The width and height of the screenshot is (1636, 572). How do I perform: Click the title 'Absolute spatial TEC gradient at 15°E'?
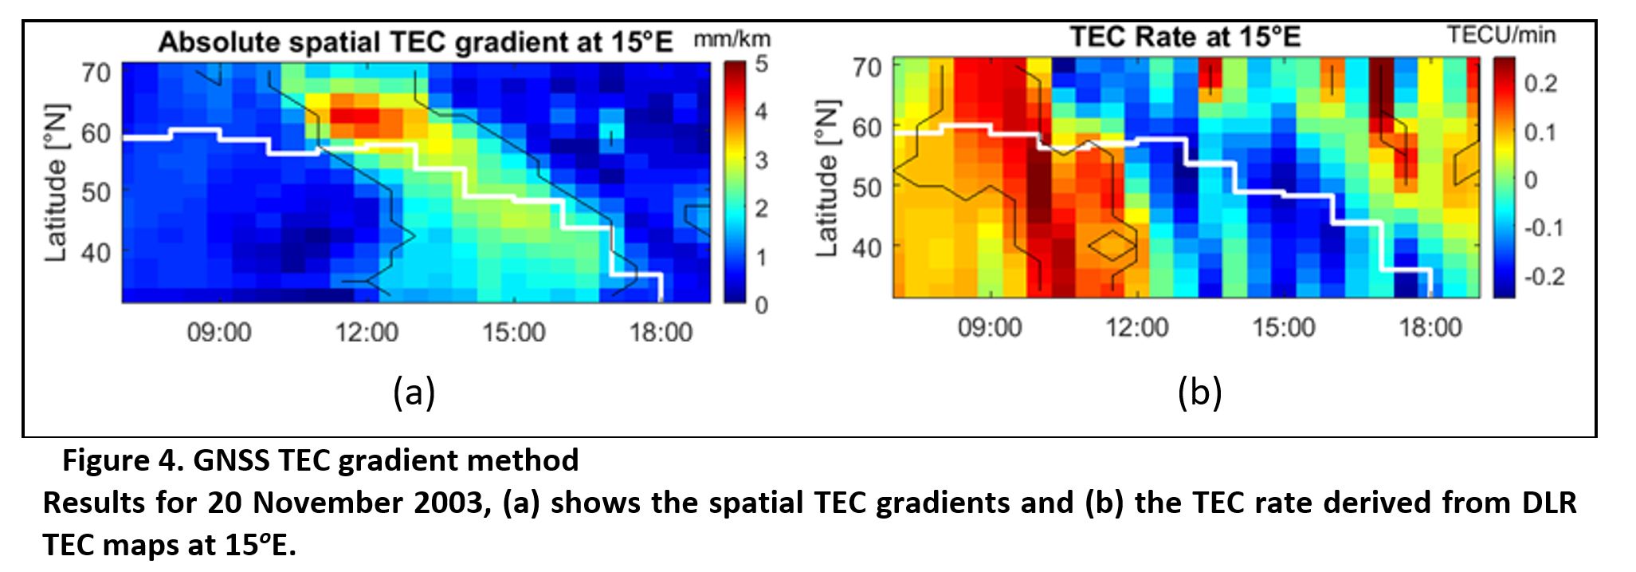[x=415, y=42]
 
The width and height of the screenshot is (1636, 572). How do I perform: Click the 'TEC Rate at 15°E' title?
[x=1185, y=37]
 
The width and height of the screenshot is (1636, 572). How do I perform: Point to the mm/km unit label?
[x=732, y=39]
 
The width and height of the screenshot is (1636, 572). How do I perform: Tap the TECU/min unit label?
[x=1501, y=35]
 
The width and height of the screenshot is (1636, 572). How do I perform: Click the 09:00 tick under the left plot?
[x=219, y=332]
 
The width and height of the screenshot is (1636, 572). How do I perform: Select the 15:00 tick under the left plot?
[x=514, y=332]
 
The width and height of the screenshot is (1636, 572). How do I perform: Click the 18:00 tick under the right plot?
[x=1431, y=328]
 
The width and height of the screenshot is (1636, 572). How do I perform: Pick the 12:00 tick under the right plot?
[x=1137, y=328]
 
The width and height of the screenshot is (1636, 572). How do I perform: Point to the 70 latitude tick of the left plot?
[x=96, y=73]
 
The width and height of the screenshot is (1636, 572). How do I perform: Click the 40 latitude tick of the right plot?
[x=867, y=248]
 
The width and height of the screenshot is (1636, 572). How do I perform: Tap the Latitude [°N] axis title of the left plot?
[x=56, y=182]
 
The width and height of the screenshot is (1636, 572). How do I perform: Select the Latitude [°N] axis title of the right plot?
[x=827, y=179]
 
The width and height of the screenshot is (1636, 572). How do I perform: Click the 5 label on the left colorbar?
[x=762, y=64]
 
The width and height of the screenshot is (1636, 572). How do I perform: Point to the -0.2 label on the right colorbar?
[x=1544, y=277]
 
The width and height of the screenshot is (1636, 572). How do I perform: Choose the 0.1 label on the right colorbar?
[x=1540, y=132]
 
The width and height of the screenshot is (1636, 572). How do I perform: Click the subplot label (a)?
[x=414, y=393]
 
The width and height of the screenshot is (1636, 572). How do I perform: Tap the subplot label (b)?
[x=1199, y=393]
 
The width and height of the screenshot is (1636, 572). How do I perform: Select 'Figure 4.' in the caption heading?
[x=124, y=461]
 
